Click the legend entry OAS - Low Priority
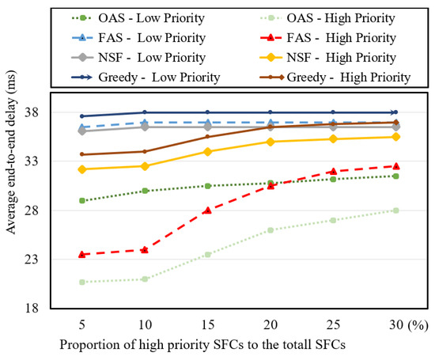pos(138,18)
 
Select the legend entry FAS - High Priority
pos(328,38)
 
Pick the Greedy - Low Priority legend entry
pos(146,78)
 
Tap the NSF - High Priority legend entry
pos(328,58)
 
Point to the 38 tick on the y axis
pos(32,112)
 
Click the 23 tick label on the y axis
pos(32,260)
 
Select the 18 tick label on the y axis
pos(32,308)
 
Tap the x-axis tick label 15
pos(208,324)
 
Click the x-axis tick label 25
pos(333,324)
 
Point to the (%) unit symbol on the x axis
pos(418,324)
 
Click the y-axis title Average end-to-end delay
pos(11,152)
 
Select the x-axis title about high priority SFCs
pos(202,345)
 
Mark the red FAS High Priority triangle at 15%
pos(208,210)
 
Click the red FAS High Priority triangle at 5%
pos(82,254)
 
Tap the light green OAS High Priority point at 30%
pos(396,210)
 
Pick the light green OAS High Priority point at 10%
pos(145,279)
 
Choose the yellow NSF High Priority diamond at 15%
pos(208,152)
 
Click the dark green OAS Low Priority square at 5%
pos(82,200)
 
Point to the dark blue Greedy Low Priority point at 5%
pos(82,116)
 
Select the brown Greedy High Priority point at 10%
pos(145,151)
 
